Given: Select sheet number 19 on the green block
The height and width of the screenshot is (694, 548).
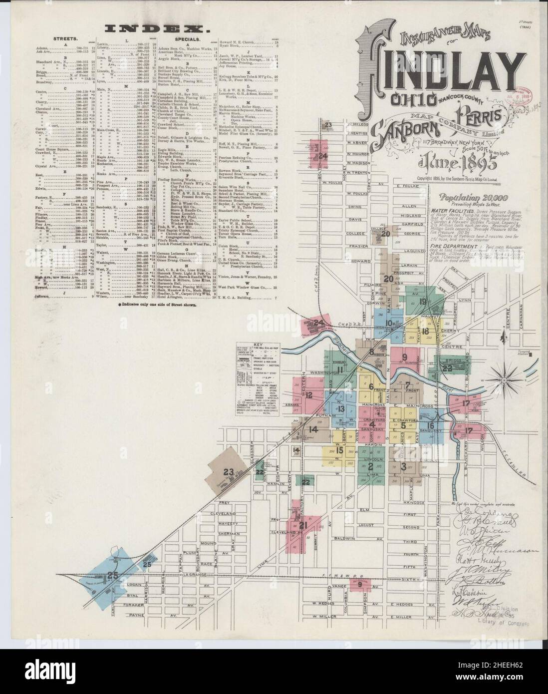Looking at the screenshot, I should point(423,302).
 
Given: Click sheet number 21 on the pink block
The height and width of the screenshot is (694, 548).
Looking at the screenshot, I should point(303,525).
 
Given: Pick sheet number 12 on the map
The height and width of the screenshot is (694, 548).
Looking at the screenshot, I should point(309,395).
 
